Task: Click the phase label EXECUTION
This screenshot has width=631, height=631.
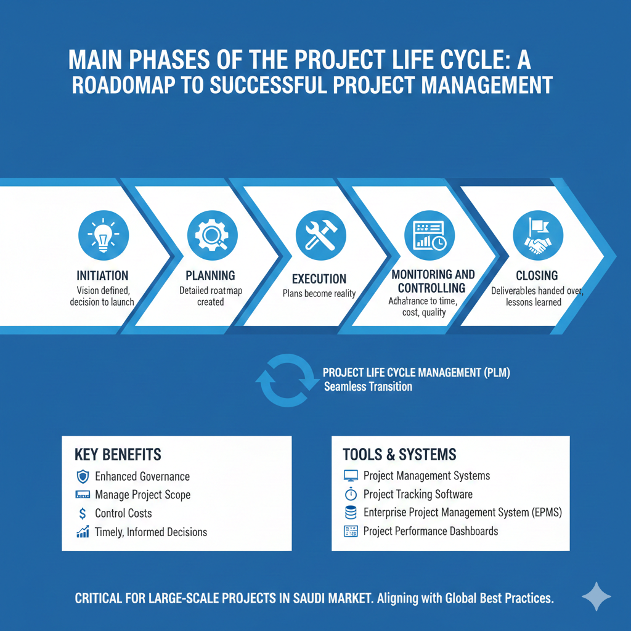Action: (319, 279)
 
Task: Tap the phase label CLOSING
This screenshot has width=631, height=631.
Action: (537, 275)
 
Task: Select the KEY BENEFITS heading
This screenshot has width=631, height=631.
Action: (117, 455)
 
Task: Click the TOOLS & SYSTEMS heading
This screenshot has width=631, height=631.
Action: (399, 455)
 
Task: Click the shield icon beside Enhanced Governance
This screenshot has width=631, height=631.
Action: (83, 476)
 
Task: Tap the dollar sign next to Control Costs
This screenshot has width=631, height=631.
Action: (83, 513)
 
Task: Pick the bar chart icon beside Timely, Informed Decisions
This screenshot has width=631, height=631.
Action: (83, 532)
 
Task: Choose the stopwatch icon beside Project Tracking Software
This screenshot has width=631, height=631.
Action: (350, 494)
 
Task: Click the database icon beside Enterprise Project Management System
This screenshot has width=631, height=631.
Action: (350, 513)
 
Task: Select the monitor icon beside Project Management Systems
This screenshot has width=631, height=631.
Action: (350, 476)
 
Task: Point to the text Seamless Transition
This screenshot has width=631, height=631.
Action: (368, 387)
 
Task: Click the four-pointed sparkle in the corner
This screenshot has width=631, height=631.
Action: (596, 596)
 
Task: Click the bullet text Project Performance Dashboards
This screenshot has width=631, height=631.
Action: (431, 531)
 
